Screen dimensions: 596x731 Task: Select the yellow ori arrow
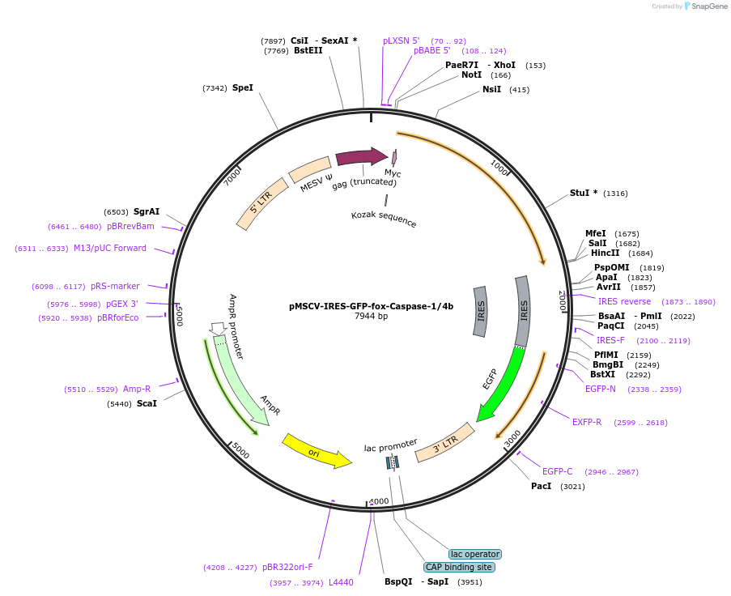coord(316,450)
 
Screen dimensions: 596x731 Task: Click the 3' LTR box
coord(445,442)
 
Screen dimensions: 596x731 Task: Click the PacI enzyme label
coord(541,486)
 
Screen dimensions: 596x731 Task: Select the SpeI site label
coord(242,87)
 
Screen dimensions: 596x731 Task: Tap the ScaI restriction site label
coord(147,402)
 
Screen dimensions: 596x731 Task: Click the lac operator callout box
coord(475,554)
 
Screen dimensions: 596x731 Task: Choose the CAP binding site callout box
coord(458,567)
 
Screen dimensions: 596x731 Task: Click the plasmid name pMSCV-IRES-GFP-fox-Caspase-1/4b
coord(371,306)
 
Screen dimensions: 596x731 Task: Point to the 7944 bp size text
coord(371,317)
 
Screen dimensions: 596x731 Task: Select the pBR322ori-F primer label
coord(287,567)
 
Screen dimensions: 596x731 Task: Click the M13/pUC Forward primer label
coord(110,248)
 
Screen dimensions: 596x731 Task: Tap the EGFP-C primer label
coord(557,471)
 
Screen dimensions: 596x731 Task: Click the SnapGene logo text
coord(708,6)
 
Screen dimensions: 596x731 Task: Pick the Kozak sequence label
coord(384,219)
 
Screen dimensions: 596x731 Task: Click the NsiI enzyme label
coord(491,89)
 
